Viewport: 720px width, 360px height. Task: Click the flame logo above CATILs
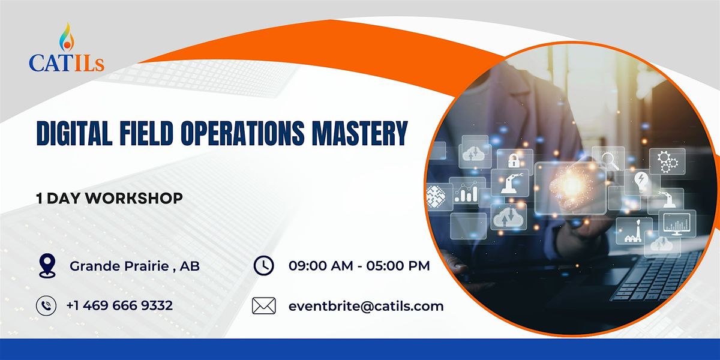[x=66, y=37]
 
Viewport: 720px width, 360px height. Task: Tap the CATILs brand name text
[x=66, y=62]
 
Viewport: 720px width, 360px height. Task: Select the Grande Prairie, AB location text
[x=135, y=266]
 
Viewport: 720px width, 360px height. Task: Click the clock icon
[x=264, y=265]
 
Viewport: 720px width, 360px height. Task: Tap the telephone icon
[x=46, y=305]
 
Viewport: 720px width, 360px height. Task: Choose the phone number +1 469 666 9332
[x=119, y=305]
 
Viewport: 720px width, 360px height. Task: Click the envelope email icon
[x=264, y=306]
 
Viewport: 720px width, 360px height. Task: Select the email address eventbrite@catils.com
[x=366, y=306]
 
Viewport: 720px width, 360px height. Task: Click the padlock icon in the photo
[x=514, y=160]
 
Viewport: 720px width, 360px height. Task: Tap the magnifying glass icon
[x=610, y=160]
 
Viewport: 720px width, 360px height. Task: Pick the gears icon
[x=666, y=160]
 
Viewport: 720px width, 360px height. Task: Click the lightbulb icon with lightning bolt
[x=641, y=181]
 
